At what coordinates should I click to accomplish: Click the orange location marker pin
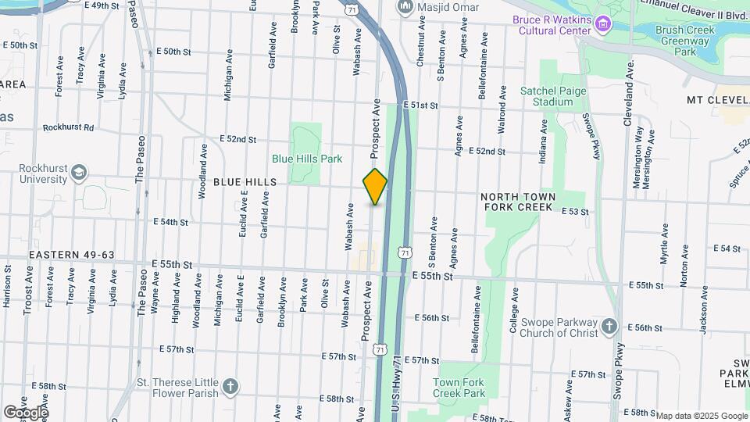pos(375,187)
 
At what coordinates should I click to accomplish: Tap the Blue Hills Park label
pos(307,159)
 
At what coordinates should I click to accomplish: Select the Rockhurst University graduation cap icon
pos(79,172)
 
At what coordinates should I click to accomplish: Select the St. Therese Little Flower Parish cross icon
pos(230,386)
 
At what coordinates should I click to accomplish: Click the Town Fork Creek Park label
pos(459,388)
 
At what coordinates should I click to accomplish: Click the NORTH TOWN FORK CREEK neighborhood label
pos(518,202)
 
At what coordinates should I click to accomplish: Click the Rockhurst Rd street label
pos(68,127)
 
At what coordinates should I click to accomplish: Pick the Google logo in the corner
pos(25,412)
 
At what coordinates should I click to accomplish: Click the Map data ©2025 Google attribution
pos(701,416)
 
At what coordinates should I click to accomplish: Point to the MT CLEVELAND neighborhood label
pos(717,100)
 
